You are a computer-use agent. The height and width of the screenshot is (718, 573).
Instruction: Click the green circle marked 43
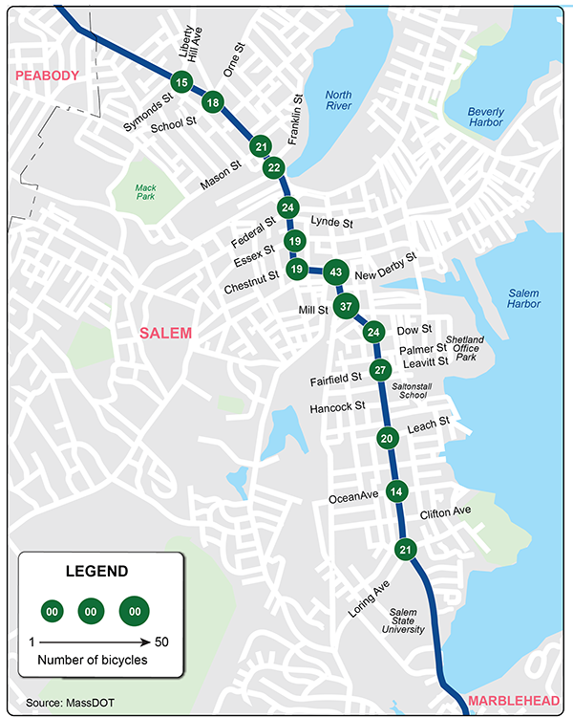click(335, 272)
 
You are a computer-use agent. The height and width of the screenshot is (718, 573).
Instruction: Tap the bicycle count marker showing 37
click(347, 307)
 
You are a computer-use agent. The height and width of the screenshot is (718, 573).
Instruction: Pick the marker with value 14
click(397, 491)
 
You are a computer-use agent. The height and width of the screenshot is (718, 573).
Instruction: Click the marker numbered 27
click(380, 371)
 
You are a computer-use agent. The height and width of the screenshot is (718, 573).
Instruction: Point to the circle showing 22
click(274, 168)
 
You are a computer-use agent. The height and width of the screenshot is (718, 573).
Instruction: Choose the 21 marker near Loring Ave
click(405, 550)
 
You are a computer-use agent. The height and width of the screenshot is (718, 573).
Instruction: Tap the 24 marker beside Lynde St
click(288, 207)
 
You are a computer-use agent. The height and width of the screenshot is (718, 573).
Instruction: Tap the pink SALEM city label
click(165, 333)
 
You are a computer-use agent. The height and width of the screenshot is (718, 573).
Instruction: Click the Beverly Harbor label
click(485, 118)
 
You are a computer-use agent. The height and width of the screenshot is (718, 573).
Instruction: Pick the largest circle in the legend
click(135, 609)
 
